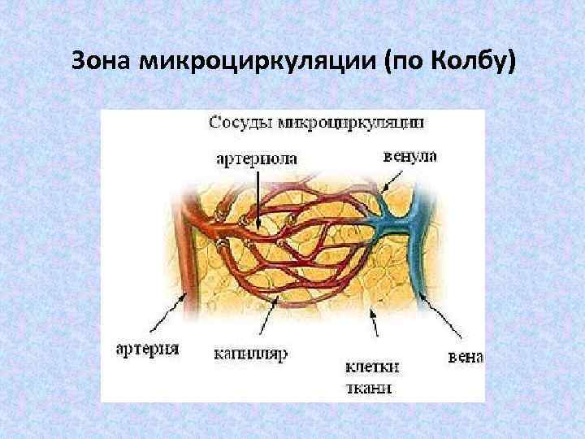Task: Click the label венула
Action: pyautogui.click(x=409, y=155)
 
